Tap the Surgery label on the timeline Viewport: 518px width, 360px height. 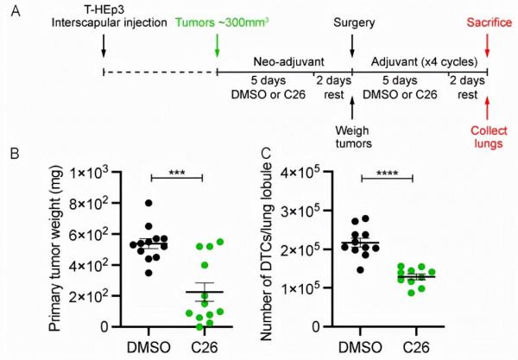tap(352, 22)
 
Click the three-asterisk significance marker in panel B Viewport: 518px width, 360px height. tap(176, 171)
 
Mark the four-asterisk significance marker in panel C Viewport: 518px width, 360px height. tap(387, 171)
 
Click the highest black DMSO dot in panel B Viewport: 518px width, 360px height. tap(148, 204)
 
